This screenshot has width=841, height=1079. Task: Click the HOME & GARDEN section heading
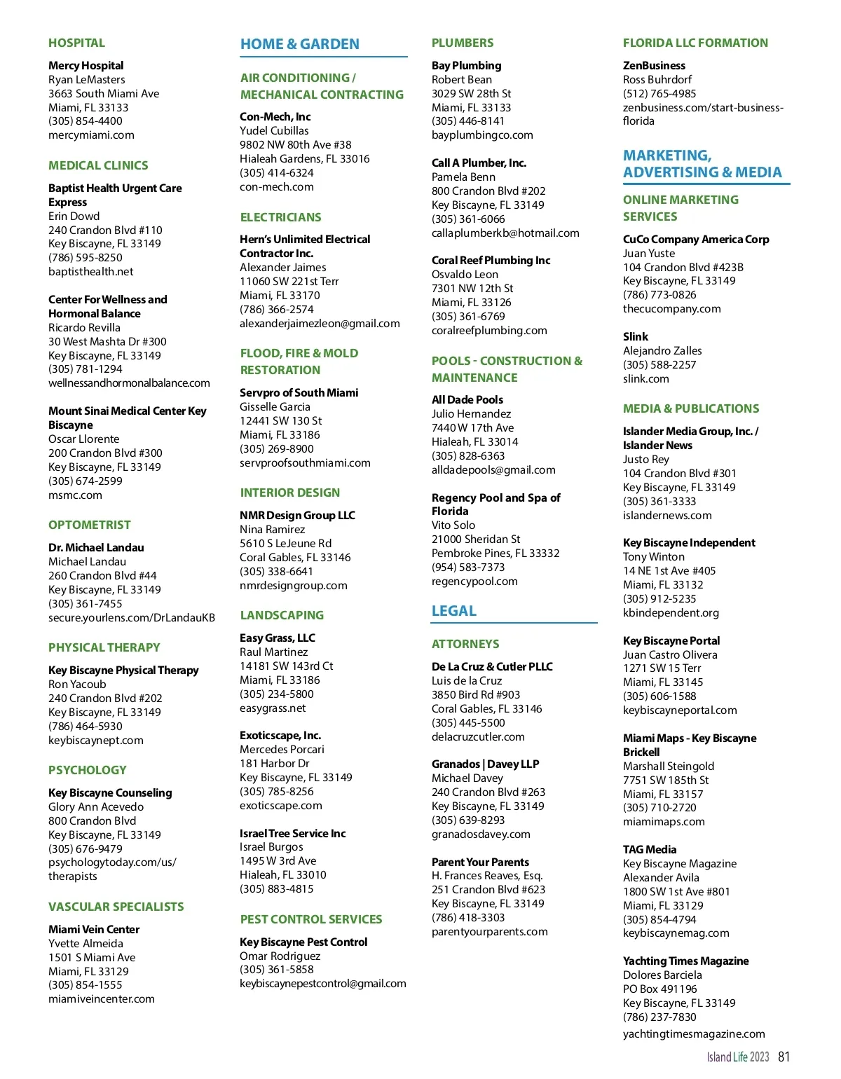coord(299,44)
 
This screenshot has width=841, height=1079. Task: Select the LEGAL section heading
coord(453,611)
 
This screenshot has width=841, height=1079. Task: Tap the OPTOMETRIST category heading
coord(90,525)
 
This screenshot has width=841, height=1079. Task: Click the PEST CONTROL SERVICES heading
coord(311,919)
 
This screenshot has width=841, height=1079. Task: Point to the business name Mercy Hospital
coord(86,65)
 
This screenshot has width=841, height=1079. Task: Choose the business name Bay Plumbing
coord(466,65)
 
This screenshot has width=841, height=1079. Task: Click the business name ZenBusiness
coord(654,65)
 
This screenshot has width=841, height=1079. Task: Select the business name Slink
coord(635,336)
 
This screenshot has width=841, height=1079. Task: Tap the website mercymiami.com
coord(91,135)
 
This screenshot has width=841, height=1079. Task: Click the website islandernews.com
coord(667,515)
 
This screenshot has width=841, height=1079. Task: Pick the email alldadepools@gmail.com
coord(493,469)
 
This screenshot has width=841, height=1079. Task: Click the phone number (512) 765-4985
coord(659,93)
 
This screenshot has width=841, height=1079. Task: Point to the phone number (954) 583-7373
coord(468,567)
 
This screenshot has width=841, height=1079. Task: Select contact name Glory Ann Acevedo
coord(96,806)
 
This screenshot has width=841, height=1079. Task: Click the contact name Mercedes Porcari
coord(282,749)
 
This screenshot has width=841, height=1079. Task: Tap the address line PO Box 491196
coord(660,989)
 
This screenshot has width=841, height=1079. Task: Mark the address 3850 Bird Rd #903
coord(476,694)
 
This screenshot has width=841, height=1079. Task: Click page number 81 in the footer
coord(784,1057)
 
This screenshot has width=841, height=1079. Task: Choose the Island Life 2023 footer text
coord(737,1057)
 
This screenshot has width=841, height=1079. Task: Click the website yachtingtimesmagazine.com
coord(694,1033)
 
